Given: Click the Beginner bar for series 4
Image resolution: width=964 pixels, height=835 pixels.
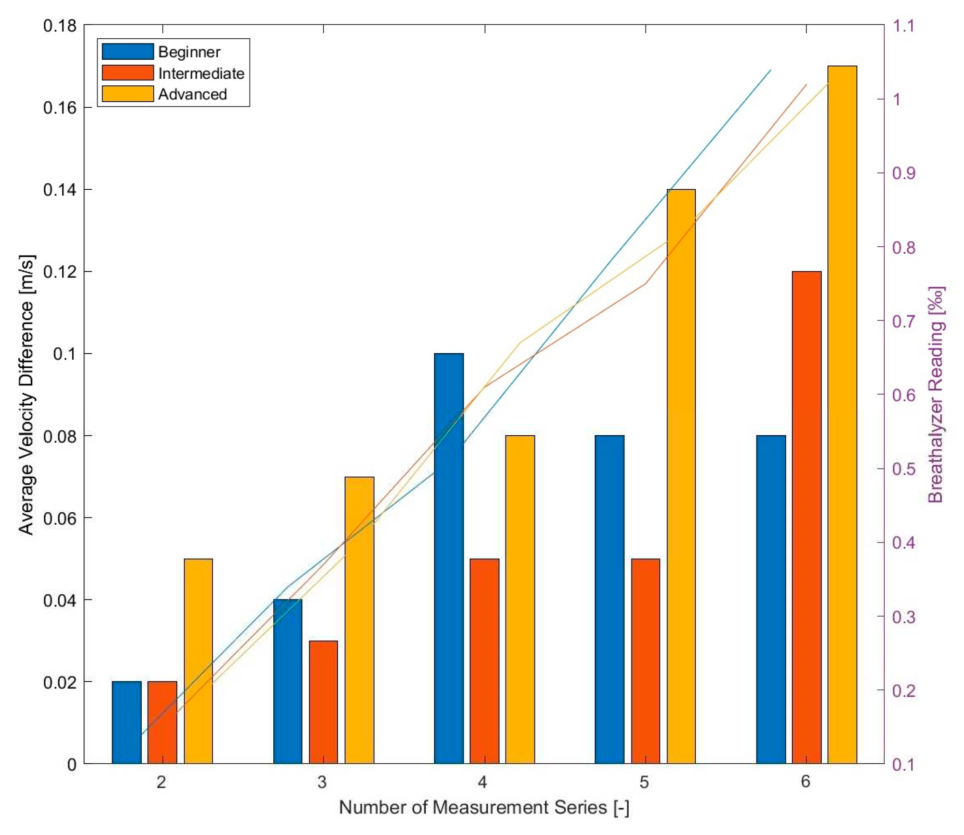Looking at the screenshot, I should [x=449, y=560].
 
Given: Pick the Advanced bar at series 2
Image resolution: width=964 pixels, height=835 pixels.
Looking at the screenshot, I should [x=198, y=662].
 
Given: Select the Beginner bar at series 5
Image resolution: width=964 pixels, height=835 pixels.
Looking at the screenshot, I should [x=609, y=602].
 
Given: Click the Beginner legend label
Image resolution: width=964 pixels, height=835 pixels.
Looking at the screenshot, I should [x=189, y=52].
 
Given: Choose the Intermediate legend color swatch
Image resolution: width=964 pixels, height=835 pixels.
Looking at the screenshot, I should [x=127, y=73].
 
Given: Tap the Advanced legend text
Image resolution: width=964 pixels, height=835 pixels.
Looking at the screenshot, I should [x=192, y=94].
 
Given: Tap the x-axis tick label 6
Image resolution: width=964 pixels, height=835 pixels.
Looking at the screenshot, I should [x=805, y=782].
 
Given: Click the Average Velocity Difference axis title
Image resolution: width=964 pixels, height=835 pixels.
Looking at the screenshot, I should [x=27, y=395].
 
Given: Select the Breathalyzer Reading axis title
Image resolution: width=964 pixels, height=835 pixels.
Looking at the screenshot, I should [x=936, y=395].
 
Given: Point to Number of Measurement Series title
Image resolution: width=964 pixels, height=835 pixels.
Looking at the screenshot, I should [x=484, y=807].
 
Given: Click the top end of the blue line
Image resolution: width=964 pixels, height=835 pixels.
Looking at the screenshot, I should [x=770, y=70].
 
